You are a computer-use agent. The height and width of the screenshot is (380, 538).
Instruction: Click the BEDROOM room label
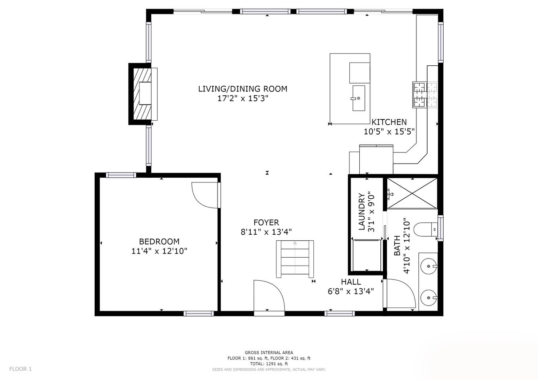coord(159,241)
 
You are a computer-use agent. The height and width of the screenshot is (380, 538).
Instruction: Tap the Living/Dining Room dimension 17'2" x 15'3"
coord(242,99)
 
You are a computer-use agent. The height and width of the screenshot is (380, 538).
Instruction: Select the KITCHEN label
coord(389,122)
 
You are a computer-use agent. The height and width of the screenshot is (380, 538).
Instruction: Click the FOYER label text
coord(266,222)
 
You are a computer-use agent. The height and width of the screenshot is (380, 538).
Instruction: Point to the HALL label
coord(351,282)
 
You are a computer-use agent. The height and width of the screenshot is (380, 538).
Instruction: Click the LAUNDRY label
coord(362,212)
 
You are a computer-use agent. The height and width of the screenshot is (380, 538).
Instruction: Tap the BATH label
coord(397,246)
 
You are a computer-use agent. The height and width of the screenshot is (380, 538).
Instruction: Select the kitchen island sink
coord(359,98)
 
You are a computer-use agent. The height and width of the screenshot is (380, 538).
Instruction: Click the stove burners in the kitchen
coord(425,95)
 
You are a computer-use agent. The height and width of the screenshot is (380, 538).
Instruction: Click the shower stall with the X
coord(412,193)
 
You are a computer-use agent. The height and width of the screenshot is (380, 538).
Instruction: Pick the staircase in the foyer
coord(295,259)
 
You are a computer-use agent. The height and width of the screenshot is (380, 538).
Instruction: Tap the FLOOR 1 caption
coord(21,369)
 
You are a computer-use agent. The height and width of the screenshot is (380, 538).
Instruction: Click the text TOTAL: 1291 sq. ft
coord(269,364)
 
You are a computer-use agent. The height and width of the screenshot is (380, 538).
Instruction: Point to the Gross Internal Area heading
coord(269,353)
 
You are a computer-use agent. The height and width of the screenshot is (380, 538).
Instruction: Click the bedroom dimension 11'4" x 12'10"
coord(159,251)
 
